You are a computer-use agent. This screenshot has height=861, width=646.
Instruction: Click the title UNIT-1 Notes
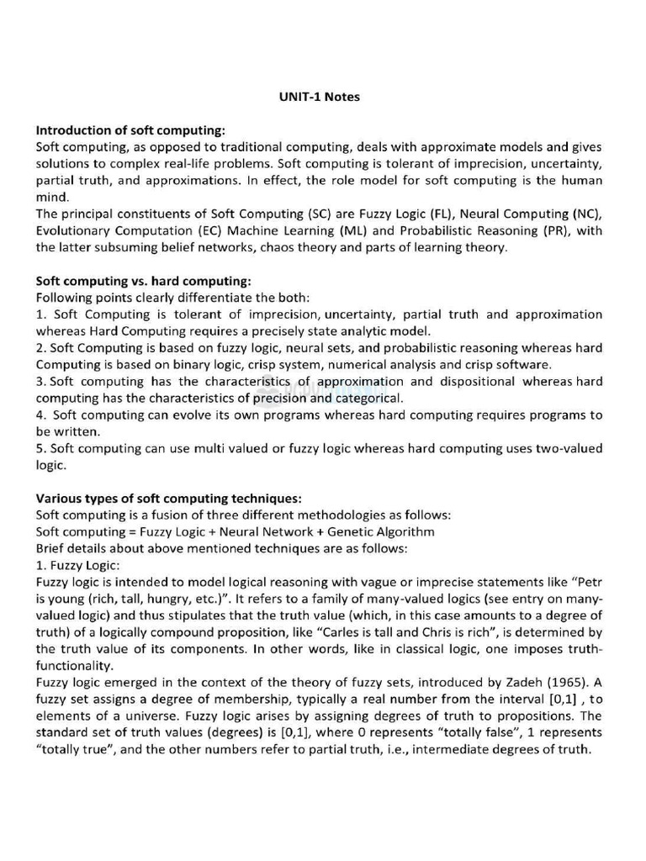319,97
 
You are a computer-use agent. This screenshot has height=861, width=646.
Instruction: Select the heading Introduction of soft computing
130,130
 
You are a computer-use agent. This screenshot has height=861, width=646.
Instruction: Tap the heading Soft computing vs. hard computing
143,281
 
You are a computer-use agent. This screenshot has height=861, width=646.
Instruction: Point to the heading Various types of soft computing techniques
168,498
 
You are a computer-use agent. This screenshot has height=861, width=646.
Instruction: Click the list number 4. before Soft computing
41,415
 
